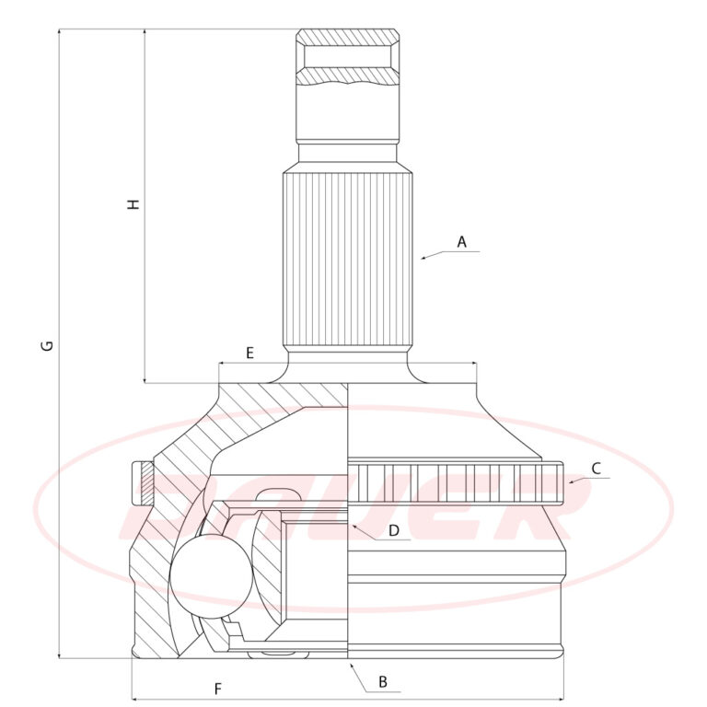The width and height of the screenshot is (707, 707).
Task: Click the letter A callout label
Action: point(461,242)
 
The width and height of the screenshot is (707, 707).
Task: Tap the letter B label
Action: point(383,682)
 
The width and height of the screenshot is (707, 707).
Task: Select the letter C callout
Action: point(597,469)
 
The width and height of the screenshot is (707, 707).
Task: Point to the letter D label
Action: point(394,530)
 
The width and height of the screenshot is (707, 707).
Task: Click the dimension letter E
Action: point(249,353)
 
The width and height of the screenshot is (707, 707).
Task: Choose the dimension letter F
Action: point(218,689)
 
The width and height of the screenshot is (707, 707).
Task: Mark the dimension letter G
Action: point(47,346)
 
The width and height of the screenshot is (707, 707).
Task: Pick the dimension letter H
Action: point(133,203)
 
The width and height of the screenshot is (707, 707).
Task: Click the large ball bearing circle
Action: point(211,575)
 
